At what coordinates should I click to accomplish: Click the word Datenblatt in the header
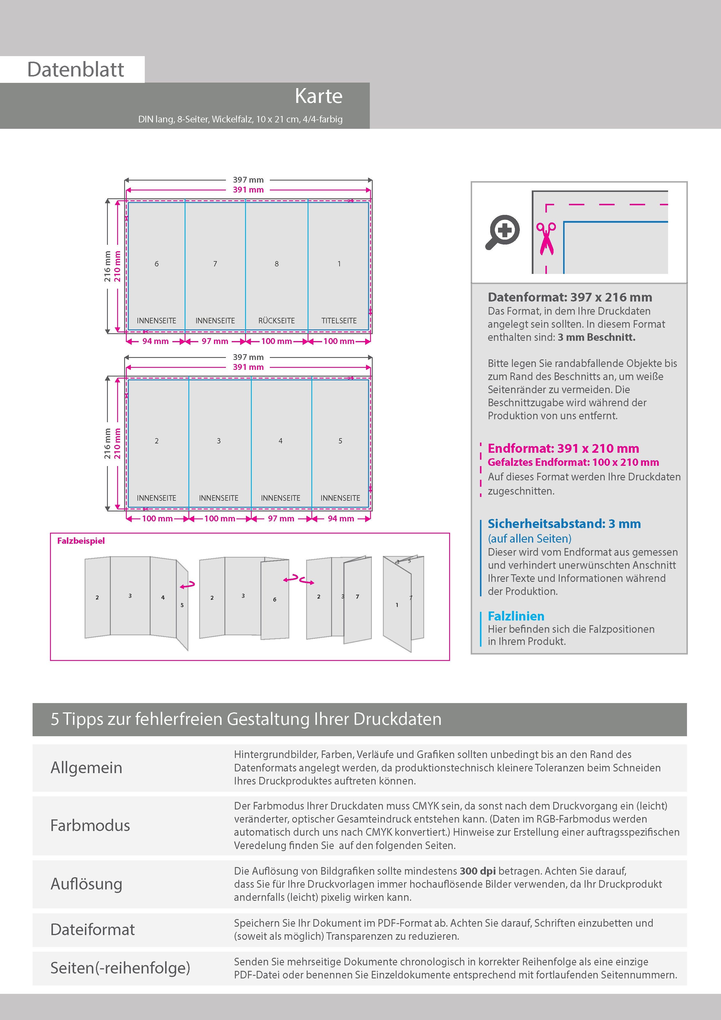[x=76, y=70]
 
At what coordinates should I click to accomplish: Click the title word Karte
[x=319, y=97]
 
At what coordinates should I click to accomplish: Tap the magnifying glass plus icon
[x=502, y=232]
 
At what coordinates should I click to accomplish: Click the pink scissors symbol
[x=546, y=238]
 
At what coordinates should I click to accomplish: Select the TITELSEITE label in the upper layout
[x=339, y=321]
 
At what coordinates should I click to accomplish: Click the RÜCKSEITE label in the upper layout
[x=276, y=321]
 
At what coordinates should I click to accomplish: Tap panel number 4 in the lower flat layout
[x=280, y=441]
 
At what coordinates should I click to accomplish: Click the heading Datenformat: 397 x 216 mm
[x=570, y=297]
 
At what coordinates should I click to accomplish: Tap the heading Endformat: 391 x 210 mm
[x=563, y=448]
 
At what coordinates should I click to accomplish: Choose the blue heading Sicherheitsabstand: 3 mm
[x=564, y=524]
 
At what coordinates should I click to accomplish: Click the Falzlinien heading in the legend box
[x=516, y=616]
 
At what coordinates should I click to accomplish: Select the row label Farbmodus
[x=90, y=825]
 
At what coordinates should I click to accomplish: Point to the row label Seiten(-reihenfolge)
[x=120, y=968]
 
